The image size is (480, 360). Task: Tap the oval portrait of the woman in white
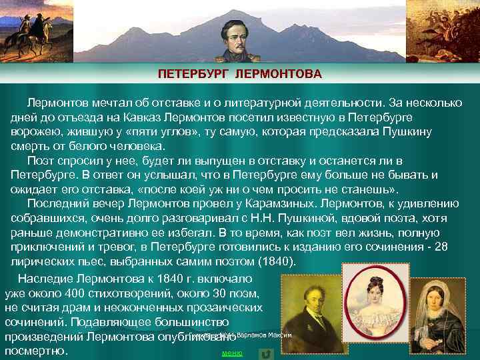tap(367, 293)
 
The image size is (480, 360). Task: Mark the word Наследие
tap(44, 279)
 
